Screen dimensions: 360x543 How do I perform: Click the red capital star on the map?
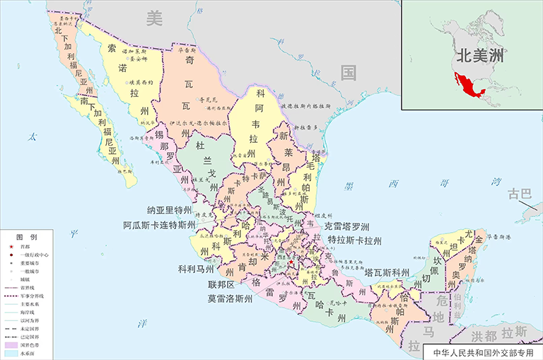click(290, 265)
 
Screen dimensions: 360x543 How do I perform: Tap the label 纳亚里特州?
click(170, 210)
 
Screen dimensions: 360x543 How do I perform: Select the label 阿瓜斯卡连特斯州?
click(159, 226)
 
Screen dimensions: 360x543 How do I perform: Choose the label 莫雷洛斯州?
click(230, 298)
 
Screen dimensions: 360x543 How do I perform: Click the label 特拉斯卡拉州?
click(354, 241)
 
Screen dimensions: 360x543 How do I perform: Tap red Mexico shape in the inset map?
click(465, 89)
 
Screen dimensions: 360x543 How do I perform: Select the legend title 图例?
click(27, 236)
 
